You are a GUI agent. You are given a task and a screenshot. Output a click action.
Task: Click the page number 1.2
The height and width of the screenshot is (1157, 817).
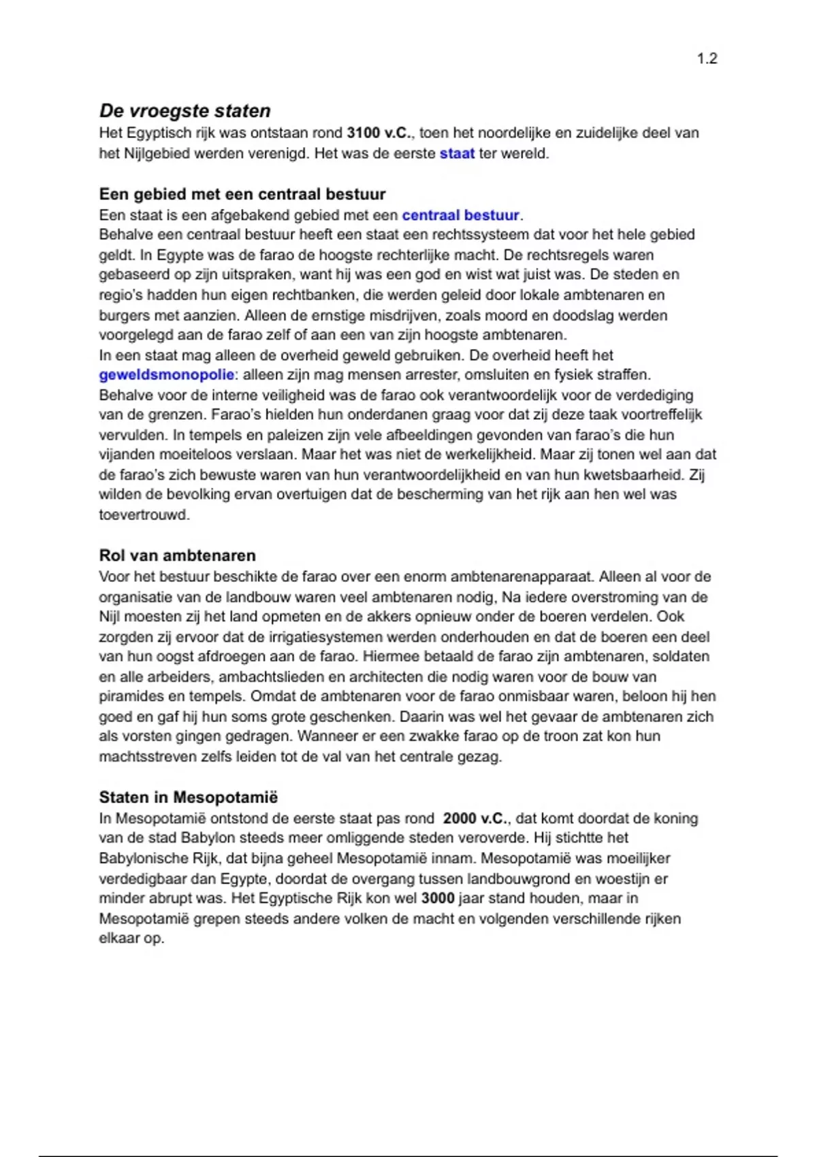point(707,59)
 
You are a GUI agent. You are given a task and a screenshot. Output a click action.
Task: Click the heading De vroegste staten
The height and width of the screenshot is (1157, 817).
point(185,111)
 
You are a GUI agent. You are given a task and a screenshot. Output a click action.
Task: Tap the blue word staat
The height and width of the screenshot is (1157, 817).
point(457,153)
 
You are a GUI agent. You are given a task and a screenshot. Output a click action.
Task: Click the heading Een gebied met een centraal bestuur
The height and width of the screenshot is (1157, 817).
point(242,194)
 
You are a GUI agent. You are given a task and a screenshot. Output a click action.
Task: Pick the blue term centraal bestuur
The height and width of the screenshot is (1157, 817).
point(461,215)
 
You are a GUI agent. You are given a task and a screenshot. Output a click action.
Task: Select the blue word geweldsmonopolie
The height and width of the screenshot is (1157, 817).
point(166,375)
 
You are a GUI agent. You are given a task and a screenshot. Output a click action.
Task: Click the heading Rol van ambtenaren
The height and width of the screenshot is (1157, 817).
point(177,555)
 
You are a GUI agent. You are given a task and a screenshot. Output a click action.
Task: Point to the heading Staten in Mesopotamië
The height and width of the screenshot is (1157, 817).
point(189,797)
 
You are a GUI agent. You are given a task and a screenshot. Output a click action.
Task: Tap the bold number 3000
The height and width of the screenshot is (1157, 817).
point(438,898)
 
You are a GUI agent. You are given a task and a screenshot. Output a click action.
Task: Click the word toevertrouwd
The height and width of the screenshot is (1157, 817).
point(144,515)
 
